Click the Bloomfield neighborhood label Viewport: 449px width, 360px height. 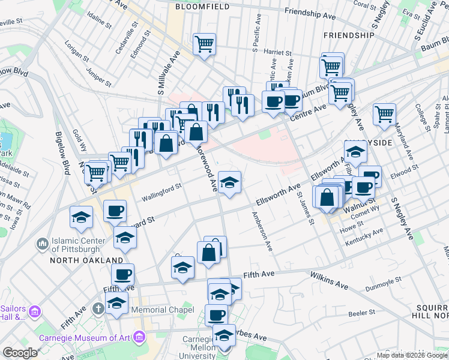click(x=203, y=7)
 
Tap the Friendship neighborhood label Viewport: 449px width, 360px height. click(x=349, y=36)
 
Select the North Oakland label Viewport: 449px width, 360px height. click(x=86, y=260)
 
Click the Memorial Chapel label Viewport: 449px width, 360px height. click(x=163, y=310)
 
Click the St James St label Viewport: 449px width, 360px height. click(x=305, y=208)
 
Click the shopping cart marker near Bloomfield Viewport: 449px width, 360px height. click(x=204, y=44)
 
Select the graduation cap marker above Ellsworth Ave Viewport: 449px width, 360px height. click(x=229, y=182)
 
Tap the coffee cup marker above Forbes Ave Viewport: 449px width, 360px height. click(x=216, y=314)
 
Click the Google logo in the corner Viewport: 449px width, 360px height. click(x=20, y=353)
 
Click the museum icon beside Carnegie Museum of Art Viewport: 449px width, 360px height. click(x=141, y=337)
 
